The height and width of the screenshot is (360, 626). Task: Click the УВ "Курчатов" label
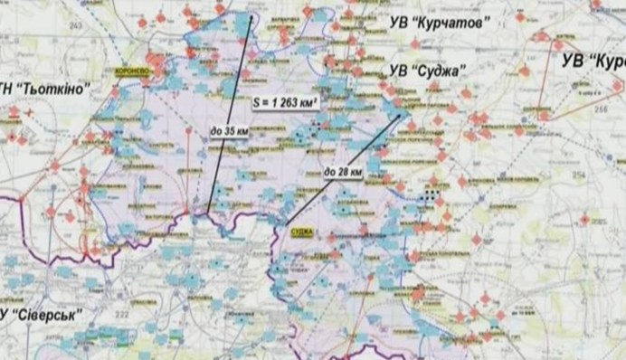(429, 23)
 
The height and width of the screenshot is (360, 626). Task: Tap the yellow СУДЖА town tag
(301, 232)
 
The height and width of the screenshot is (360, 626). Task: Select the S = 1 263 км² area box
(283, 106)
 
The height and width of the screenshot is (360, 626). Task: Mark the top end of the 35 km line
(252, 15)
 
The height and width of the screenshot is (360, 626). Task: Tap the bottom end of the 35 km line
(207, 213)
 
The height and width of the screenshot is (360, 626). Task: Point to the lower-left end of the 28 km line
(287, 223)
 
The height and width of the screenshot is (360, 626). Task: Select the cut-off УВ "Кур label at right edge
(593, 62)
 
